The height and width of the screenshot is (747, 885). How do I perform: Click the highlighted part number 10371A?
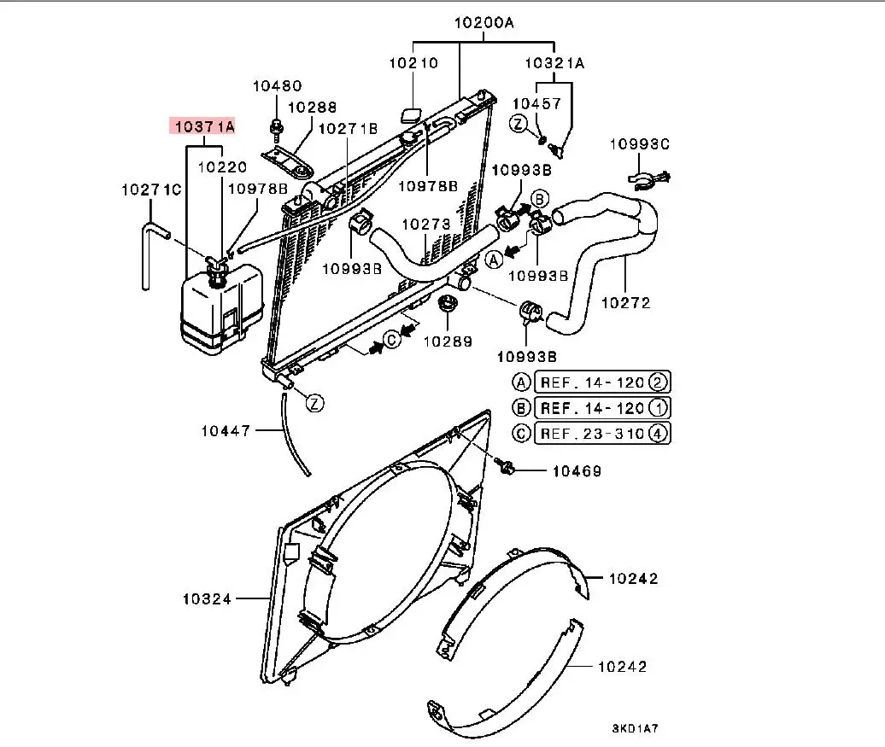(x=204, y=126)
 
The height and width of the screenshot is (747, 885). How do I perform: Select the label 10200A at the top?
(x=484, y=23)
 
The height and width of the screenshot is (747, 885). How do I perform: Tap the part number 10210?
(x=413, y=62)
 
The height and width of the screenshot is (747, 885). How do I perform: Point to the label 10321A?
(x=554, y=62)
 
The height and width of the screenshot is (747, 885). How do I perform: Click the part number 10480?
(x=277, y=85)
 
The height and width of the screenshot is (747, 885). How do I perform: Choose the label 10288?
(x=312, y=108)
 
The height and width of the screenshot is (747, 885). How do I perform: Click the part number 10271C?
(x=151, y=190)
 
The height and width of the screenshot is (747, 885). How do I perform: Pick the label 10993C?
(x=640, y=144)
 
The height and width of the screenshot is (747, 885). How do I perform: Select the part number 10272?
(x=625, y=303)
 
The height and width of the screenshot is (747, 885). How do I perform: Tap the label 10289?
(x=448, y=341)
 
